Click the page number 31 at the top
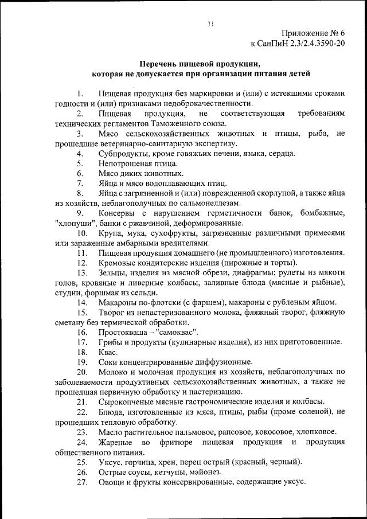(x=210, y=23)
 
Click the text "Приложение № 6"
(x=315, y=33)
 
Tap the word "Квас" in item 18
(x=108, y=352)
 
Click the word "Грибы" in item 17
(x=110, y=342)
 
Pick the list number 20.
(x=81, y=372)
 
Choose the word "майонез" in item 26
(x=220, y=472)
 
